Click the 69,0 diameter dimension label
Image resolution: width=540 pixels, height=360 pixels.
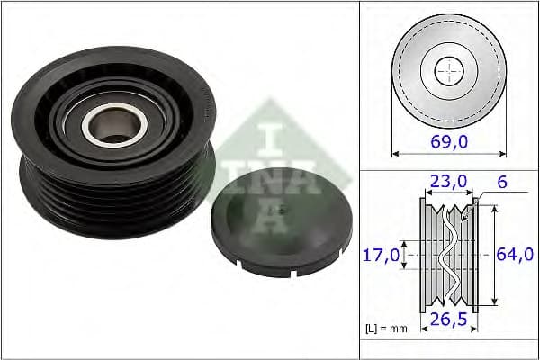pyautogui.click(x=448, y=140)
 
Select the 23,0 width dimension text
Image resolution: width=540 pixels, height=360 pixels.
pyautogui.click(x=447, y=183)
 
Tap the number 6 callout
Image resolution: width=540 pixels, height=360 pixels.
pyautogui.click(x=500, y=182)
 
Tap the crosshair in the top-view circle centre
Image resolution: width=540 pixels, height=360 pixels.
pyautogui.click(x=448, y=70)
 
